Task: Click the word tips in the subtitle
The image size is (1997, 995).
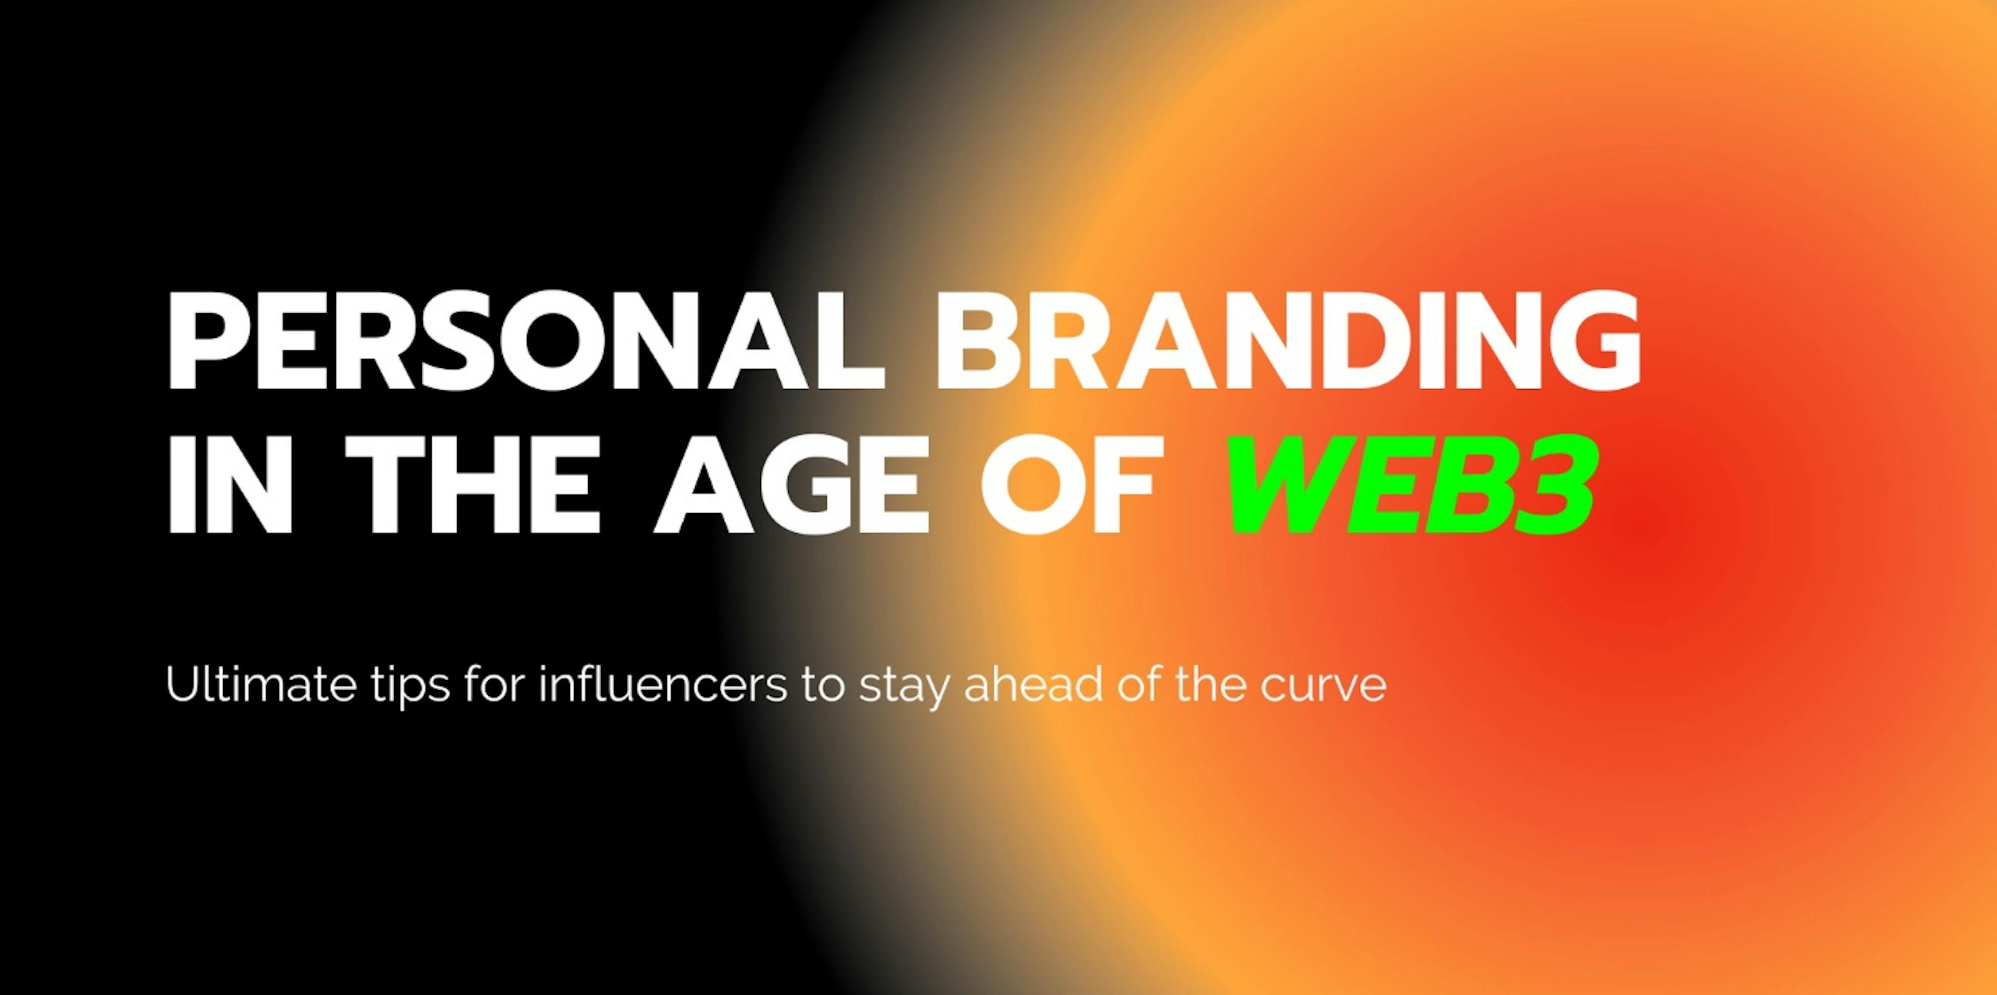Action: [x=411, y=687]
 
